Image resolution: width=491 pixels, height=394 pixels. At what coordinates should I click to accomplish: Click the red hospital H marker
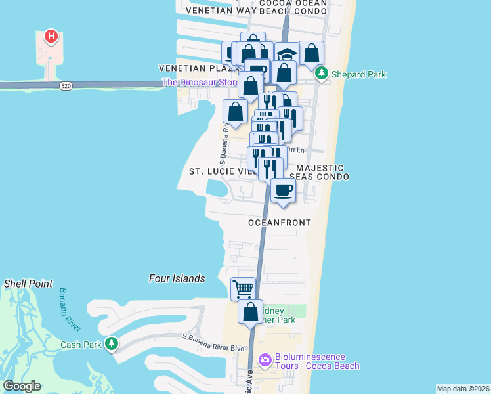51,37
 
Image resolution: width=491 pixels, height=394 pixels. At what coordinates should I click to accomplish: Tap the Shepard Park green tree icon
322,74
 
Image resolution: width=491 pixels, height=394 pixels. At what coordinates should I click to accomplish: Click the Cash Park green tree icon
112,343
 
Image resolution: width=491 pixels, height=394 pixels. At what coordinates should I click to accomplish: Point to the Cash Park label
82,345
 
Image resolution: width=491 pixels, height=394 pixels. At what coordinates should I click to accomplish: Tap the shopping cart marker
243,288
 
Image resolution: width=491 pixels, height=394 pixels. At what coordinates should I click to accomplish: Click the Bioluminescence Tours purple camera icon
265,359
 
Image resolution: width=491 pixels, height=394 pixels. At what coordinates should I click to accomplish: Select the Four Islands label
177,278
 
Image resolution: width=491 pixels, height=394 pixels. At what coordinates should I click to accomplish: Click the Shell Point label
28,284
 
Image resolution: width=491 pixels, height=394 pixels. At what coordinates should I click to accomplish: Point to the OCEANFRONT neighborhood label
280,223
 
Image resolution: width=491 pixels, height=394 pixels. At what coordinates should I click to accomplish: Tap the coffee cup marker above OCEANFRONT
283,190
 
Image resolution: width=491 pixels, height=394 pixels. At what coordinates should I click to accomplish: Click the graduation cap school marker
286,54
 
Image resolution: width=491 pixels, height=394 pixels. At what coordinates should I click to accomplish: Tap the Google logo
22,386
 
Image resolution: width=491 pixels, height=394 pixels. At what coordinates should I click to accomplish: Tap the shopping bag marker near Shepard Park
312,53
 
